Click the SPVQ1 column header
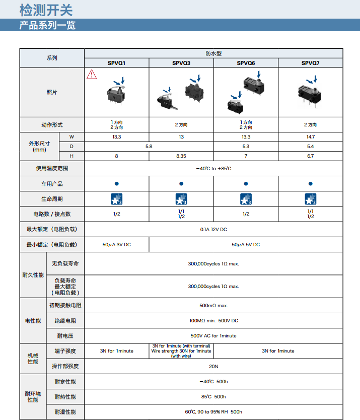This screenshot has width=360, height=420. click(116, 63)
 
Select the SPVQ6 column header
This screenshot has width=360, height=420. click(246, 63)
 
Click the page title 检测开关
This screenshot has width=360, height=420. click(40, 9)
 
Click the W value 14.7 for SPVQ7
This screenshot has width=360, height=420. click(310, 137)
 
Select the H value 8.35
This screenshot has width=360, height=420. click(181, 156)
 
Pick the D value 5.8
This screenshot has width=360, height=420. click(149, 147)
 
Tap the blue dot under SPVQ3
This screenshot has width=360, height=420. click(181, 184)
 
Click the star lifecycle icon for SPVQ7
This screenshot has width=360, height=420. click(310, 199)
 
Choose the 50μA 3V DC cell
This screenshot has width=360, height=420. click(116, 244)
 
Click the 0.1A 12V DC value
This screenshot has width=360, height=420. click(213, 230)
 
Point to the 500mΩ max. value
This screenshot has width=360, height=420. click(213, 306)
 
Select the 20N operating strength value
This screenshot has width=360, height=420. click(213, 367)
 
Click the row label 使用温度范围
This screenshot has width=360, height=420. click(52, 169)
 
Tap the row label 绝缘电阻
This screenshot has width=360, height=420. click(65, 321)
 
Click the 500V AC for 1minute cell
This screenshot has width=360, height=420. click(213, 335)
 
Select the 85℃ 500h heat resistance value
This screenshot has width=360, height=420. click(213, 397)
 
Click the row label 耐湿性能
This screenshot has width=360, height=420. click(65, 412)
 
